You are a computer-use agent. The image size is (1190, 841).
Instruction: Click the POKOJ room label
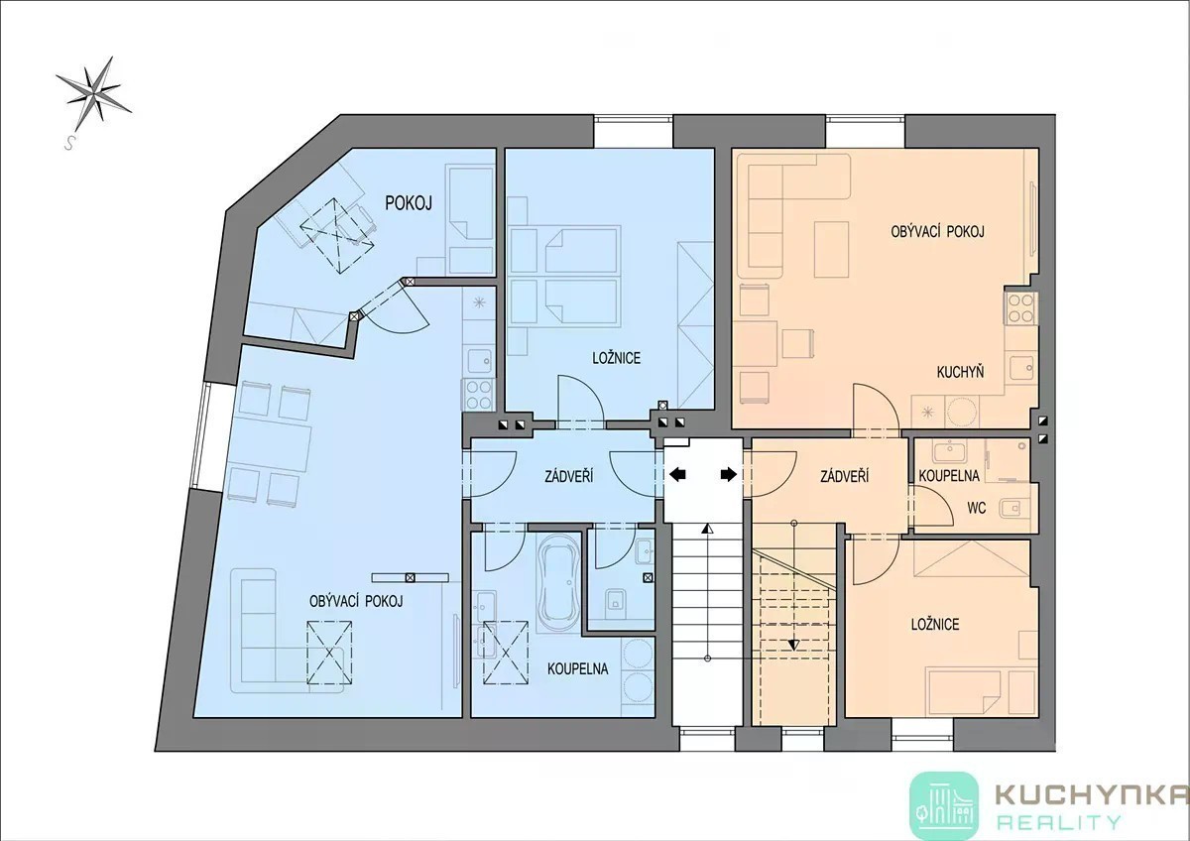point(408,203)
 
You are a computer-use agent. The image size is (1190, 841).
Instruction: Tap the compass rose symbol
point(93,93)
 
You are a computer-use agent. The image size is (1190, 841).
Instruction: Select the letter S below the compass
point(68,143)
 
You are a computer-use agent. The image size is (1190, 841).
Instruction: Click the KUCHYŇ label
point(960,371)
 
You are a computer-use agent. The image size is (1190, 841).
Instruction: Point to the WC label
point(977,509)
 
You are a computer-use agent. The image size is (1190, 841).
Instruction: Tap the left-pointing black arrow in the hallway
point(677,474)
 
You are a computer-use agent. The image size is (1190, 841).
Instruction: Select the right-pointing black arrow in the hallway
point(729,474)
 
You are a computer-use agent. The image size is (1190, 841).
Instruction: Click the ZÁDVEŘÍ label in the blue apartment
point(569,476)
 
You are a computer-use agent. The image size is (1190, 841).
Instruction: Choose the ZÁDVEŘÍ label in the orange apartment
point(845,476)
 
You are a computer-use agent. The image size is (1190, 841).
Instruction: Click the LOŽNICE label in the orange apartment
point(935,624)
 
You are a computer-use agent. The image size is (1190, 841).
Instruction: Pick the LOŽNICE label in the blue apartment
point(616,358)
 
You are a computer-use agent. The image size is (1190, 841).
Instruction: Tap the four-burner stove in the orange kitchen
point(1020,308)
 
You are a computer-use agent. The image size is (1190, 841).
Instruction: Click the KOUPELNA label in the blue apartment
point(577,668)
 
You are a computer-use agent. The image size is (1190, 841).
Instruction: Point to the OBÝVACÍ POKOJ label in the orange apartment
point(938,231)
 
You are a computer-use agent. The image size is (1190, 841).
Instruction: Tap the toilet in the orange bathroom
point(1011,509)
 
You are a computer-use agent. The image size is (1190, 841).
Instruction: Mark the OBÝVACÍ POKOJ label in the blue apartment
point(356,601)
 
